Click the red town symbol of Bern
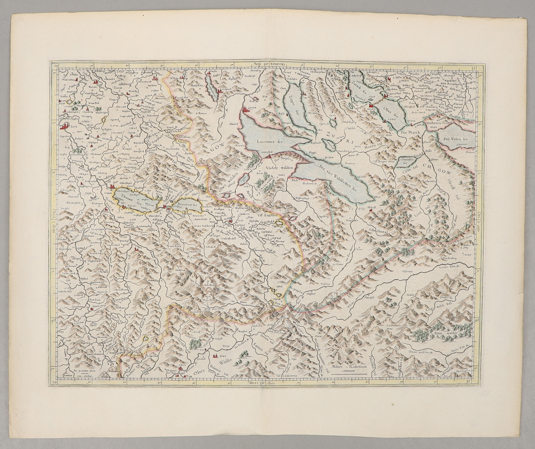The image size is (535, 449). (64, 126)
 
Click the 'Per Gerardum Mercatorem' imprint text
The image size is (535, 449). (84, 370)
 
